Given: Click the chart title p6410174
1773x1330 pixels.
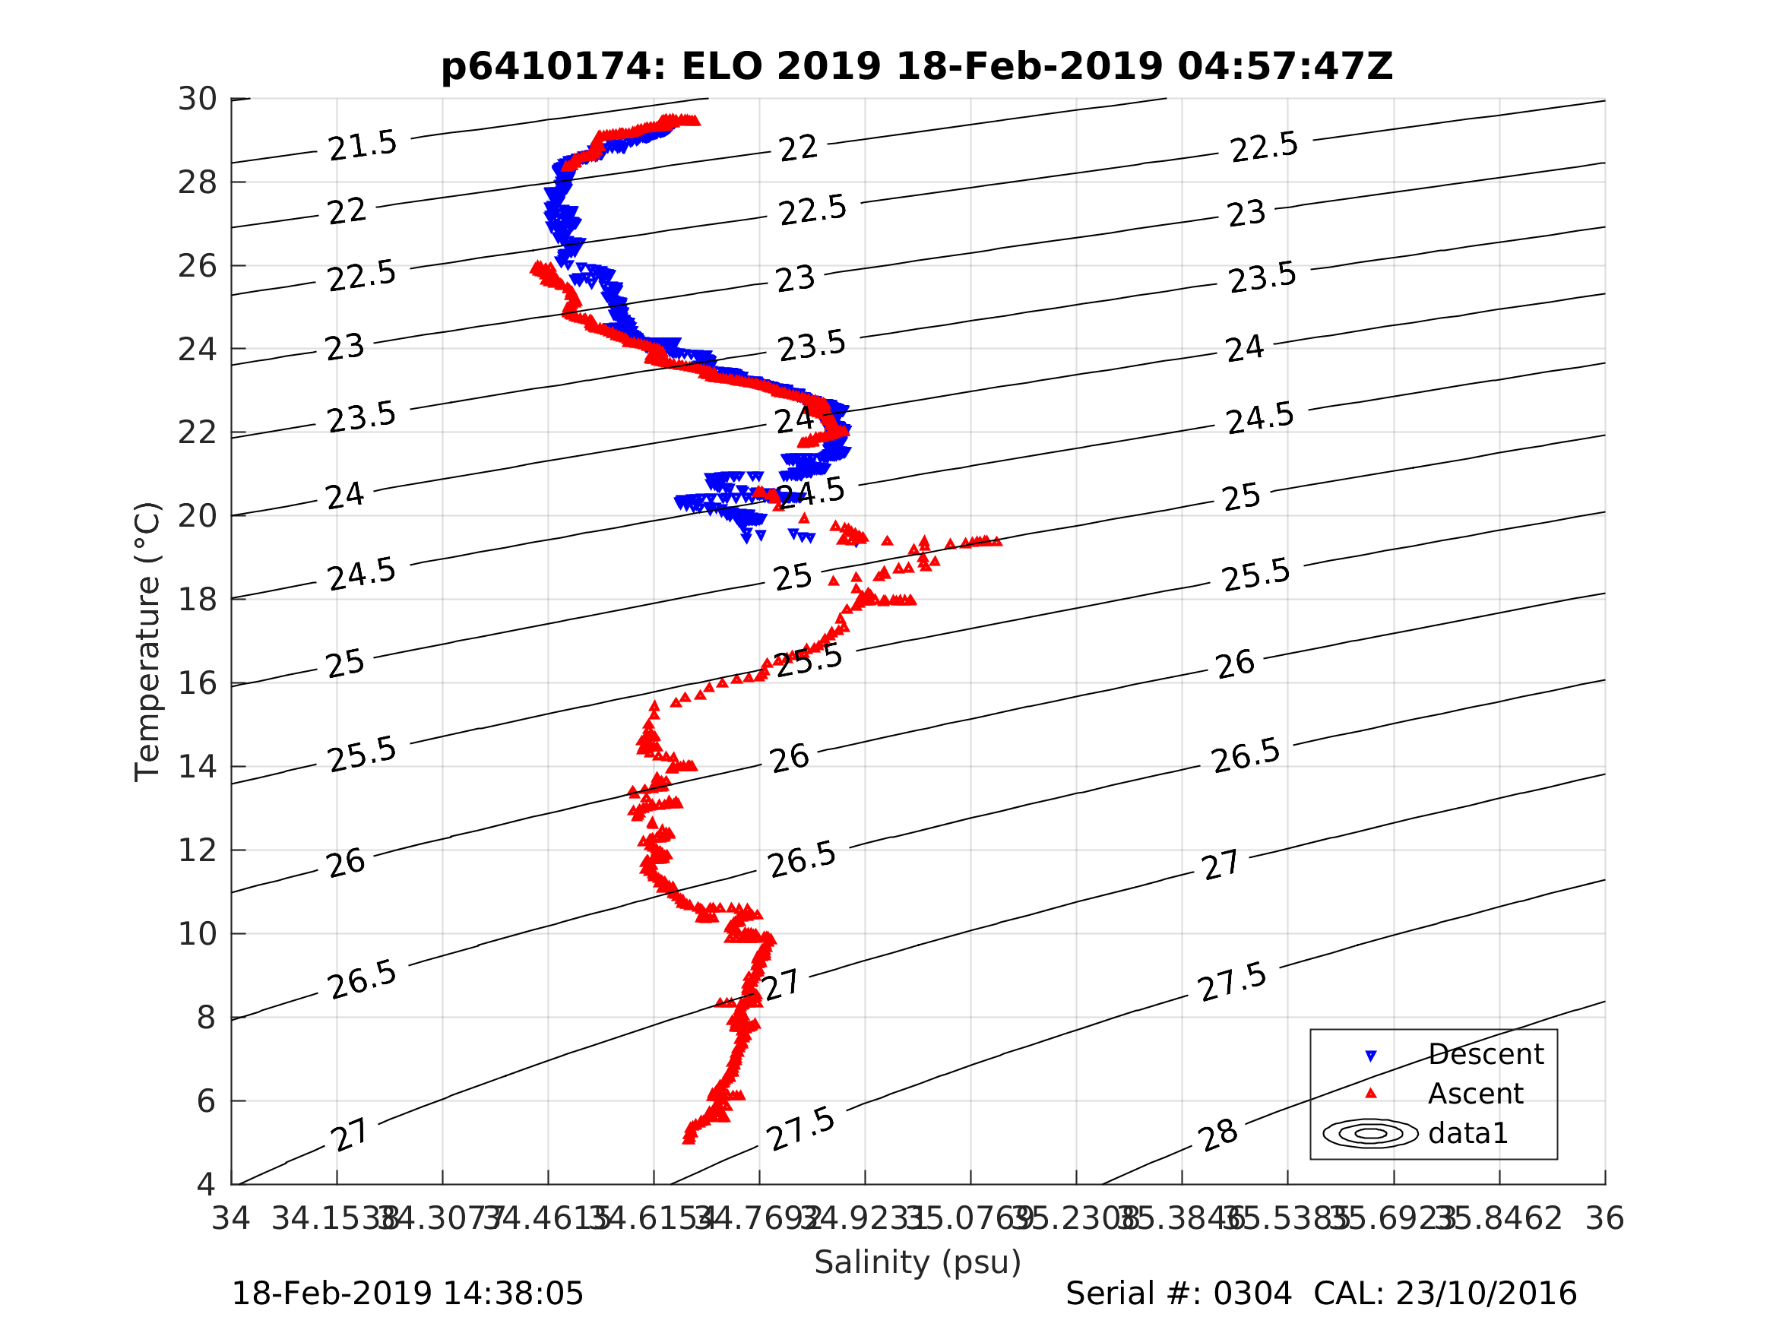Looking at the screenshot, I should click(917, 67).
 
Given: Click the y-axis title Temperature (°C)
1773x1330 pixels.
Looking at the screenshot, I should click(147, 641).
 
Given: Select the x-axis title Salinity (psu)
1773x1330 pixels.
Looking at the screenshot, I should click(918, 1262).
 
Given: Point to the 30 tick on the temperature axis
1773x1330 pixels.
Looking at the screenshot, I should click(197, 100).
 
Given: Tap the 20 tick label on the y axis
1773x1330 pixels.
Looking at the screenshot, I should click(197, 516).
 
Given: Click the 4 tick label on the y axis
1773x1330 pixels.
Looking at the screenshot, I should click(206, 1184).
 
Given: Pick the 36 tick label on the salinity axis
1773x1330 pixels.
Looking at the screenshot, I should click(1605, 1219).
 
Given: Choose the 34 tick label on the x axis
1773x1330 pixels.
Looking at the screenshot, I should click(231, 1219).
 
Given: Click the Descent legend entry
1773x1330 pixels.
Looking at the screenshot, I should click(1485, 1054).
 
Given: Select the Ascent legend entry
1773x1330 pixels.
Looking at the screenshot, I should click(1475, 1094).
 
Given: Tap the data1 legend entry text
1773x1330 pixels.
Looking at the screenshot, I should click(1467, 1133).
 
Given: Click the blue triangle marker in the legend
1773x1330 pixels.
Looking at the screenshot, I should click(1371, 1056).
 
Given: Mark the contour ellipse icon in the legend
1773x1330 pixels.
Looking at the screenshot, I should click(1371, 1133).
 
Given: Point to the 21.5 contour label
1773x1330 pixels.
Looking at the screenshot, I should click(363, 145).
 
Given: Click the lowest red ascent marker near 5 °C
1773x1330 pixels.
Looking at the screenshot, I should click(689, 1138).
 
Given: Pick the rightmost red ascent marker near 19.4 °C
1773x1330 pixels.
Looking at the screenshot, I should click(997, 541).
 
